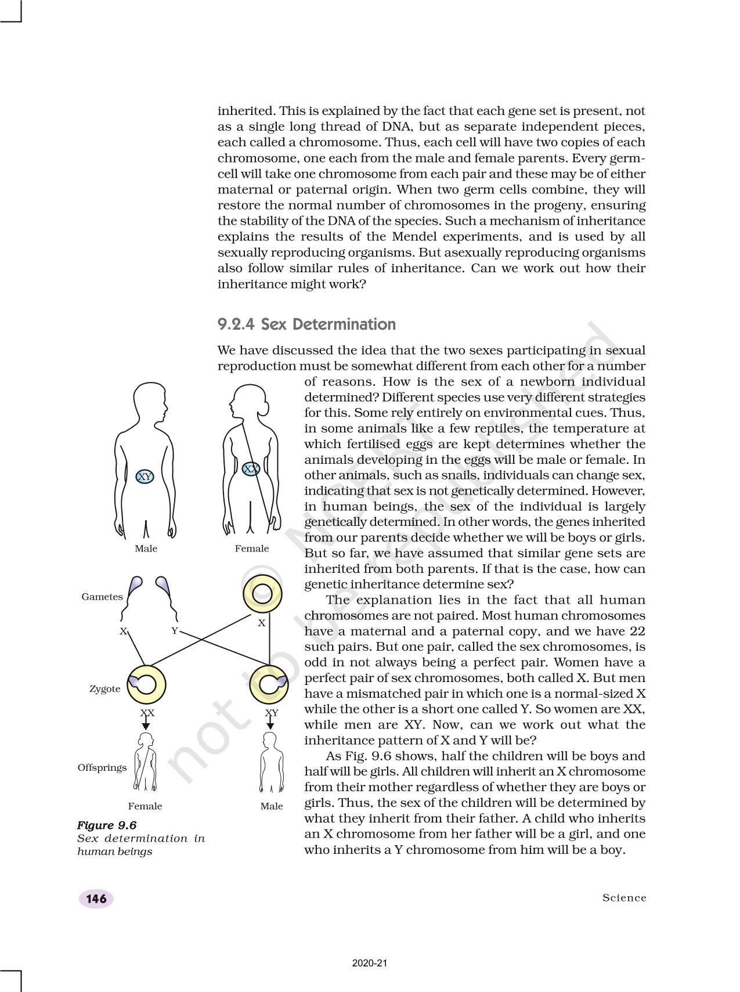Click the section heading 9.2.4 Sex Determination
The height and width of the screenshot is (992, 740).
click(x=306, y=324)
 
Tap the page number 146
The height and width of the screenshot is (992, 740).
click(x=96, y=899)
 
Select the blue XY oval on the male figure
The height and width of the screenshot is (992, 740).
click(x=145, y=477)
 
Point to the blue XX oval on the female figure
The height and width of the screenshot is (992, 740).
click(x=251, y=468)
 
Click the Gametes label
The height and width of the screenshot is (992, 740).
click(x=102, y=597)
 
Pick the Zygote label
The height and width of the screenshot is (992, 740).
click(x=105, y=689)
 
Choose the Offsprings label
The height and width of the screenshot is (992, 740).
click(x=102, y=767)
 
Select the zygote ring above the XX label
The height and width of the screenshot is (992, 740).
click(x=146, y=685)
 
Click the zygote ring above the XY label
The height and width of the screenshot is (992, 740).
click(x=269, y=685)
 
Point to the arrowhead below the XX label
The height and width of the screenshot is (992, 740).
click(x=146, y=726)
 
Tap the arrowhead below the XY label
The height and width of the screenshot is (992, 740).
click(x=270, y=726)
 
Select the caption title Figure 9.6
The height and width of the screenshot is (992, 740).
click(x=107, y=825)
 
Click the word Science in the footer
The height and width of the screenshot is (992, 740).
click(x=624, y=898)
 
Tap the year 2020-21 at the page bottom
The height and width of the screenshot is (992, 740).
click(x=370, y=964)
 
